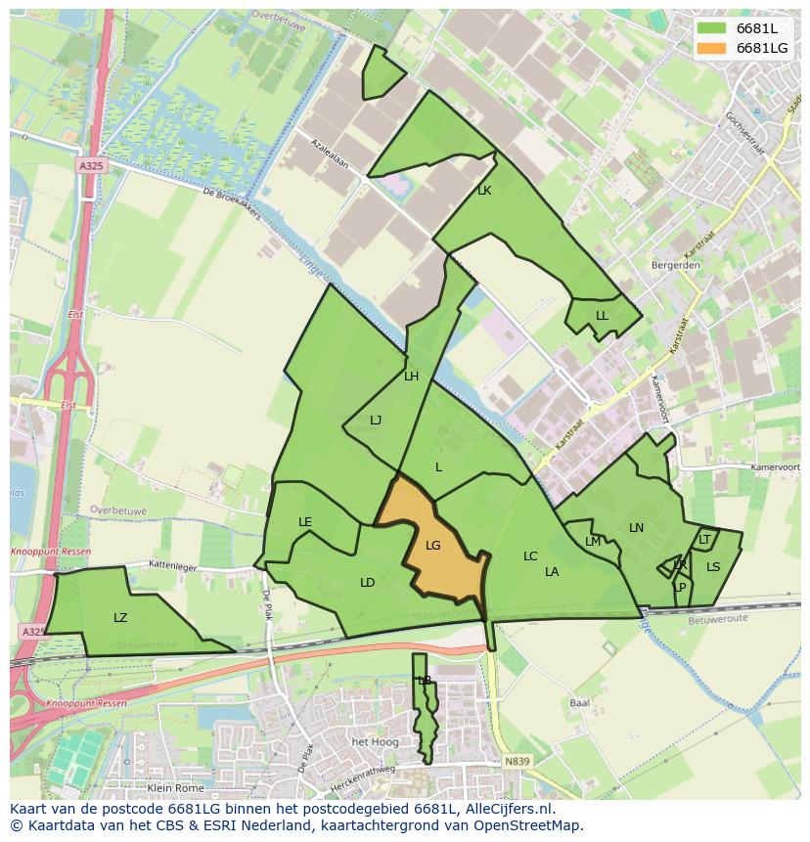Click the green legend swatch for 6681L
pos(712,28)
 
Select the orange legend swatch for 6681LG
pos(712,48)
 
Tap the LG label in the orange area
pos(433,546)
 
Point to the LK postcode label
pos(484,191)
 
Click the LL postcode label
pos(602,316)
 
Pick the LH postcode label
pos(411,376)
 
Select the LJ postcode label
pos(375,420)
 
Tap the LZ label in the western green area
pos(120,617)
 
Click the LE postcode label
pos(305,522)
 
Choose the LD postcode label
pos(367,583)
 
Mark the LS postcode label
pos(713,566)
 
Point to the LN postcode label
pos(636,528)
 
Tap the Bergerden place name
pos(675,265)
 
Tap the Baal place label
pos(579,702)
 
